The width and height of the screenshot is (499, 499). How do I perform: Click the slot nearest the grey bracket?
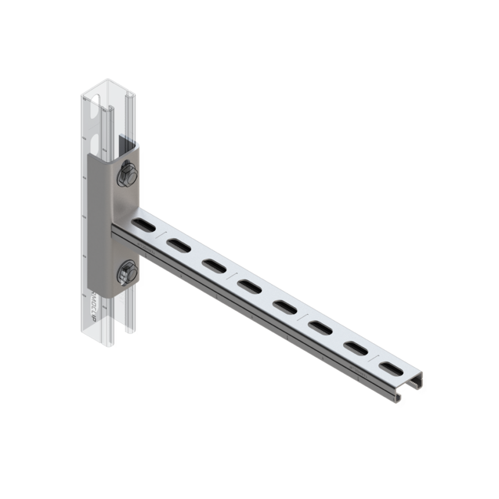(x=143, y=225)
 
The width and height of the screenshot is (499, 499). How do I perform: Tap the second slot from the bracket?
(x=178, y=245)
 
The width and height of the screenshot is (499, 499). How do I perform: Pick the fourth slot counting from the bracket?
(x=249, y=286)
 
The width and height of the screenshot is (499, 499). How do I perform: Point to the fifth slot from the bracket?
(x=284, y=307)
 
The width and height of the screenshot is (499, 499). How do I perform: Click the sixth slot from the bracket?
(x=320, y=328)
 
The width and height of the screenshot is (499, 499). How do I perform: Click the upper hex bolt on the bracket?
(x=127, y=176)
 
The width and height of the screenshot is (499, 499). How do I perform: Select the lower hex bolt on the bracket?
(x=127, y=272)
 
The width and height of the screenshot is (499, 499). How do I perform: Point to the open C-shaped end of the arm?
(x=411, y=388)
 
